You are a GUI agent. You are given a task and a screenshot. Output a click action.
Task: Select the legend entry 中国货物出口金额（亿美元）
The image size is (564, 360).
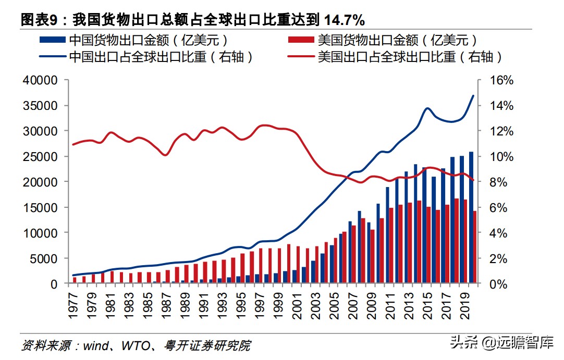click(149, 40)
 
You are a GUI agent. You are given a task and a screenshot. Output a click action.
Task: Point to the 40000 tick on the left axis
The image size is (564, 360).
click(39, 81)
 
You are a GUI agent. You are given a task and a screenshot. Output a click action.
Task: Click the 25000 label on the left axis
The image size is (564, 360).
click(39, 157)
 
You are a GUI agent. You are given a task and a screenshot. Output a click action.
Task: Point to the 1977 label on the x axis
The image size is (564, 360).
click(75, 302)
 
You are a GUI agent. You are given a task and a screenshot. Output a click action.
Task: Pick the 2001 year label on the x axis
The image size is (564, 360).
click(295, 302)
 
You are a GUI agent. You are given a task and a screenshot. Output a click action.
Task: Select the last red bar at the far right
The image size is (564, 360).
click(474, 247)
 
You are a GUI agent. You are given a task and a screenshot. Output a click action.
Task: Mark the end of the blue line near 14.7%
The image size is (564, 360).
click(473, 96)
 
